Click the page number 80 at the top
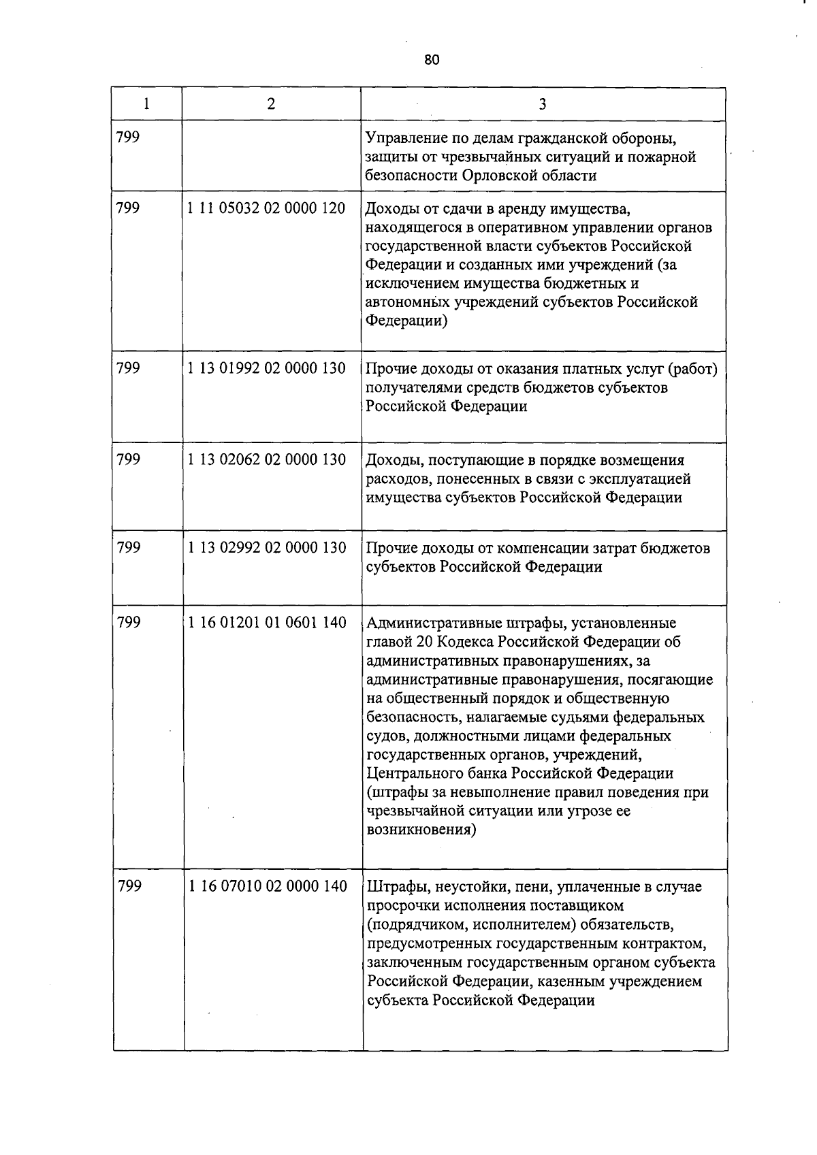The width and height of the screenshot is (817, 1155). click(x=432, y=60)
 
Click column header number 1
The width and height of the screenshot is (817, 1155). click(x=146, y=104)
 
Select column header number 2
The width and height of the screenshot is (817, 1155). click(x=271, y=104)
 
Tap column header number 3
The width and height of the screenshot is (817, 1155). click(x=542, y=104)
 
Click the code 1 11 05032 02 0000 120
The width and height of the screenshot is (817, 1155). click(x=266, y=208)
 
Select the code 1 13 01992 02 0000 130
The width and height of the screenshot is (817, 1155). click(x=266, y=368)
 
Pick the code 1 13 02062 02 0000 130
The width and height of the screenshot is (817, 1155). click(x=266, y=460)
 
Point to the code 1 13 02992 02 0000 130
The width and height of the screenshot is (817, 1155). click(x=266, y=548)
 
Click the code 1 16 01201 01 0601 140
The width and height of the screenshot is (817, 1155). click(x=266, y=622)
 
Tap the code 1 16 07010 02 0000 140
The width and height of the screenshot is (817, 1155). click(x=266, y=887)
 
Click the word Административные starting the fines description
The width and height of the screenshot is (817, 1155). click(x=433, y=623)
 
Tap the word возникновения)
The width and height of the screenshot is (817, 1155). click(x=421, y=830)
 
